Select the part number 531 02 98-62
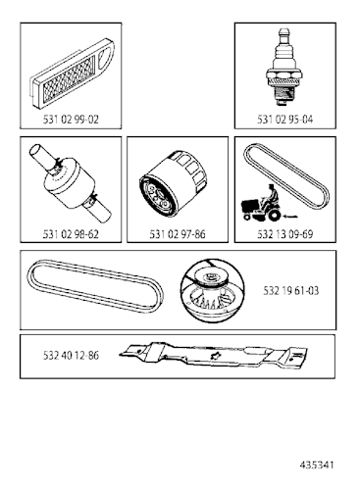[x=70, y=234]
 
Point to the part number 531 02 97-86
[x=178, y=234]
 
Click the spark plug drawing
[x=284, y=69]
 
